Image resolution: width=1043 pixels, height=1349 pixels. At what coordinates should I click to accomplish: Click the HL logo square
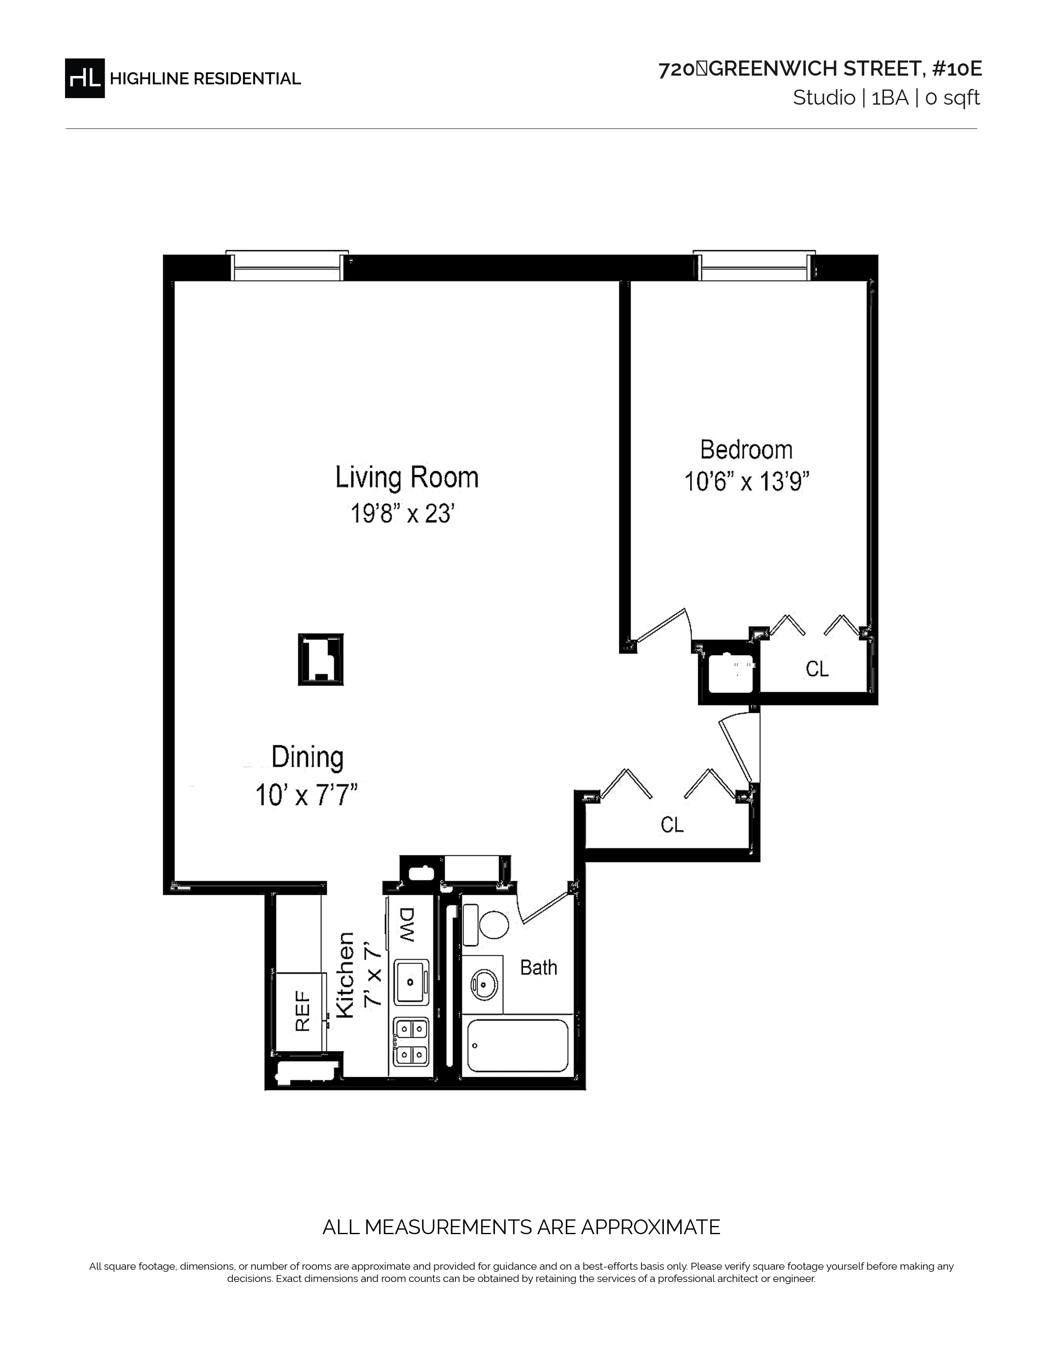click(x=85, y=78)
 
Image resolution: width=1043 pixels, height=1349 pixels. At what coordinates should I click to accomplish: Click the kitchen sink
click(x=411, y=981)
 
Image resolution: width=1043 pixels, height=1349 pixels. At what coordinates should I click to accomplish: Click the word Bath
click(x=538, y=967)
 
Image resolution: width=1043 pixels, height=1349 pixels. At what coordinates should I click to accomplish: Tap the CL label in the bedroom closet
click(x=817, y=669)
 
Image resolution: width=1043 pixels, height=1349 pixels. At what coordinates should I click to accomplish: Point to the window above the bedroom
click(x=754, y=266)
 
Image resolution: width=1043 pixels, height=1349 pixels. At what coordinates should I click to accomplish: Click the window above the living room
click(x=287, y=266)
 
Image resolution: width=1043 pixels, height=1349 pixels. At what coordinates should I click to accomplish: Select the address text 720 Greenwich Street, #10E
click(x=820, y=69)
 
